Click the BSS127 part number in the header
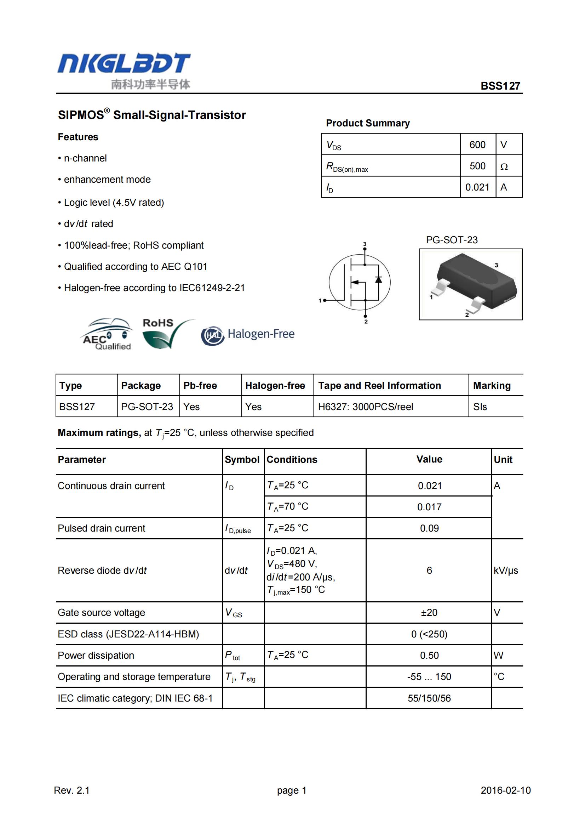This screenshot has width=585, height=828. tap(500, 86)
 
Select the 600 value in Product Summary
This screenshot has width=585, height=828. tap(477, 144)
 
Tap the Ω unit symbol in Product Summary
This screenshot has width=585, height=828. tap(504, 166)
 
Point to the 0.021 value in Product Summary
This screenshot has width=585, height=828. tap(477, 187)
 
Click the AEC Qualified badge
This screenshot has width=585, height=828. tap(107, 334)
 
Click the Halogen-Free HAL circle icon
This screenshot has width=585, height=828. tap(212, 335)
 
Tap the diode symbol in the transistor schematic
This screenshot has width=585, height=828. tap(378, 279)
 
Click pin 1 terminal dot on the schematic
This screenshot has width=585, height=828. tap(325, 300)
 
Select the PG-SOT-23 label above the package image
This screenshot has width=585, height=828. tap(451, 240)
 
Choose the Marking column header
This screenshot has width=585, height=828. tap(492, 386)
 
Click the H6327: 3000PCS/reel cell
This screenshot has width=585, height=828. tap(365, 407)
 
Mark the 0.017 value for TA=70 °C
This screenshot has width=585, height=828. tap(429, 507)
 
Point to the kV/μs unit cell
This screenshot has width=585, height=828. tap(506, 570)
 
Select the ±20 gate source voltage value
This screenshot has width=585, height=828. tap(429, 612)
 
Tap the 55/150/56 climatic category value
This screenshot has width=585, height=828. tap(429, 698)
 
